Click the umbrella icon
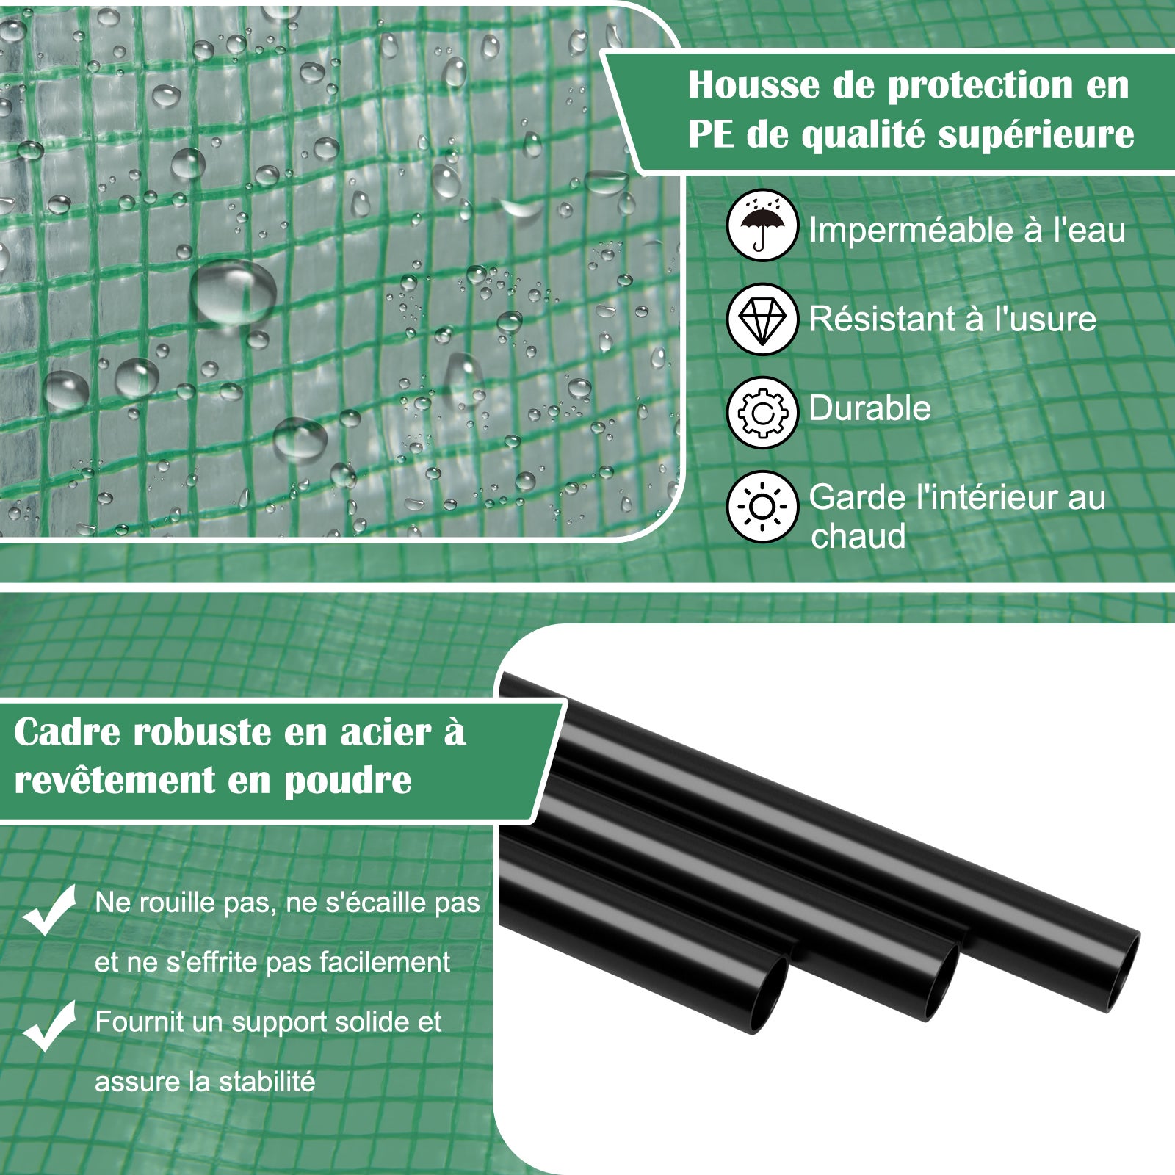(x=762, y=225)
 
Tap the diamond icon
(x=762, y=319)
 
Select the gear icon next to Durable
(x=762, y=413)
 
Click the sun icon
(x=762, y=507)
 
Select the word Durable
(x=869, y=408)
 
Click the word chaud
(x=858, y=536)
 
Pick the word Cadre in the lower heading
(x=69, y=732)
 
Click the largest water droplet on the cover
(x=234, y=292)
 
